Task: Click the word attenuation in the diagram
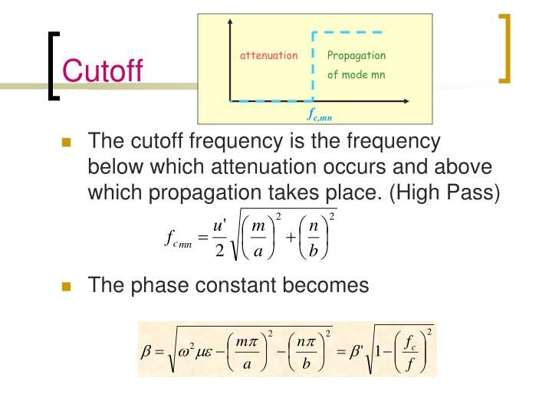pyautogui.click(x=268, y=56)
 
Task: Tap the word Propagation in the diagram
pyautogui.click(x=356, y=56)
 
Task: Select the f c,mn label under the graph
pyautogui.click(x=320, y=117)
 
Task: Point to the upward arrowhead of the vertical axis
pyautogui.click(x=229, y=24)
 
